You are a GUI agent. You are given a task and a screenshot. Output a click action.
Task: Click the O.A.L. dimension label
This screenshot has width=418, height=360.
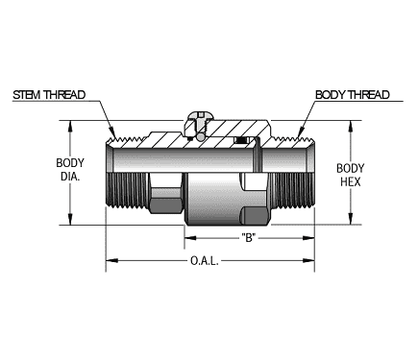tap(208, 259)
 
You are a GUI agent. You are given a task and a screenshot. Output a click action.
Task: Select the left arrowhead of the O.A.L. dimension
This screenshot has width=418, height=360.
tap(110, 259)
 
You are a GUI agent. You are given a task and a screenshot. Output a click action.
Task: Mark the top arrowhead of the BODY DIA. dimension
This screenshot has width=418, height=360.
tap(69, 125)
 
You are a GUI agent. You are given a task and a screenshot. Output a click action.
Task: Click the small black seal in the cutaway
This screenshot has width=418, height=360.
tap(240, 143)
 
